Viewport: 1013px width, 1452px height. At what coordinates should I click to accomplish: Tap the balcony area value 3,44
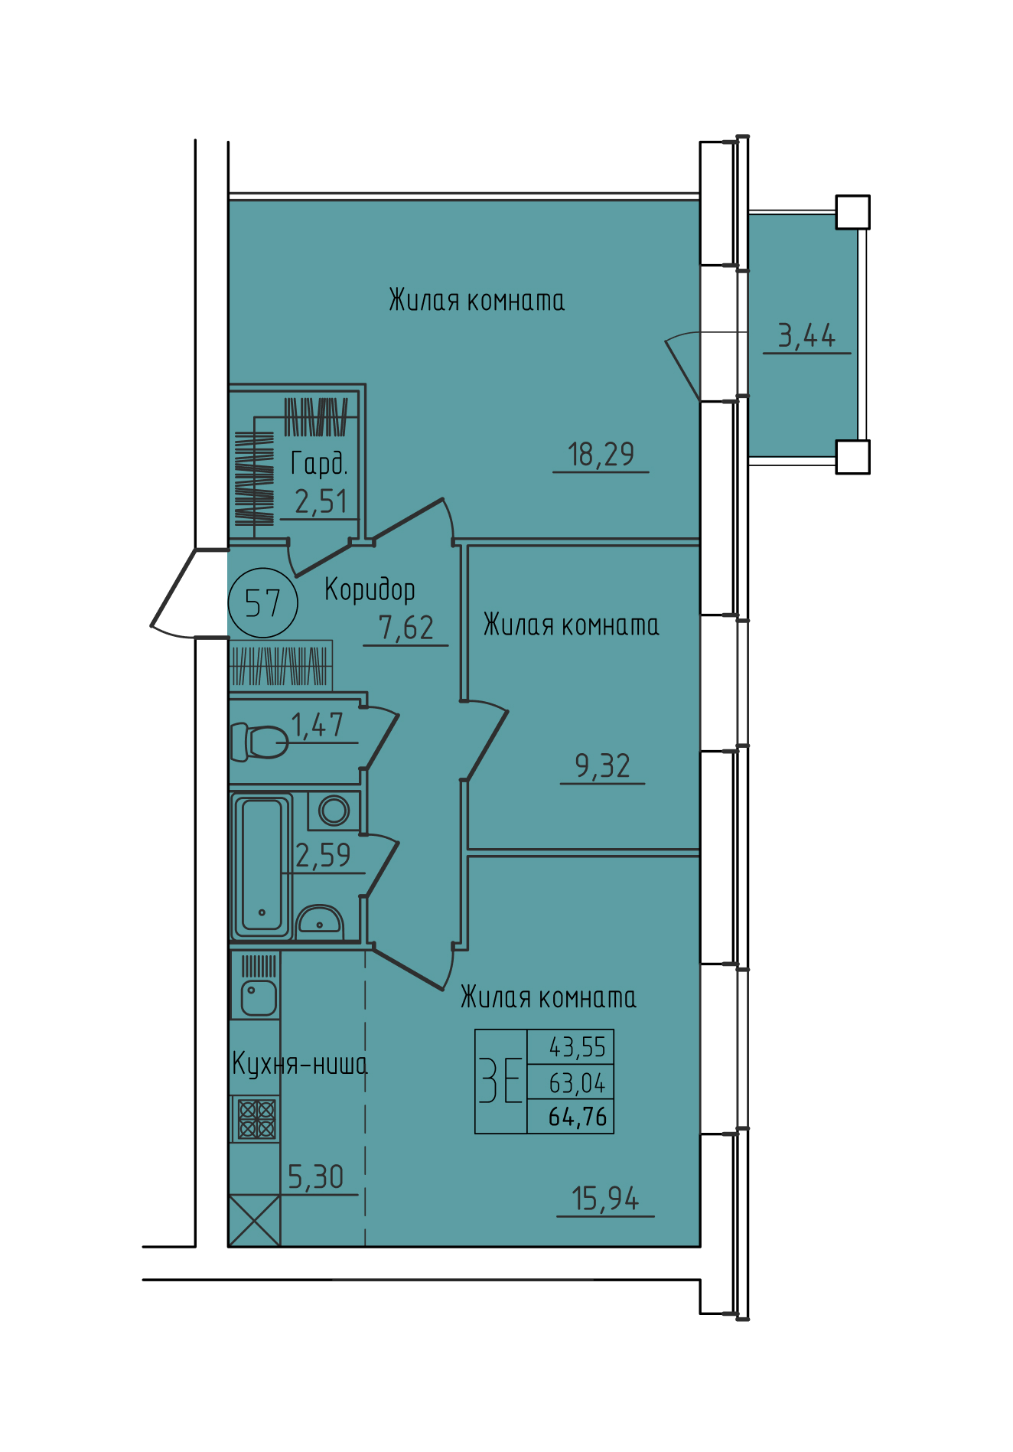[806, 335]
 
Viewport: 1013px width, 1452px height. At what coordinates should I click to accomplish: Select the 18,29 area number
[601, 454]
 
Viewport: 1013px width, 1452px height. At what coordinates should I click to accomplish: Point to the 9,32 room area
[603, 765]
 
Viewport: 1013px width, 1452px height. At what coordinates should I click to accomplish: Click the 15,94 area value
[605, 1199]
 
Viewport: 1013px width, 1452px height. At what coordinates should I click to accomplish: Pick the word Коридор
[370, 590]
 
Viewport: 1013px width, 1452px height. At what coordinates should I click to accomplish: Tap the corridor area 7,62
[406, 628]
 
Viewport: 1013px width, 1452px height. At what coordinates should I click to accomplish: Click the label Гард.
[319, 464]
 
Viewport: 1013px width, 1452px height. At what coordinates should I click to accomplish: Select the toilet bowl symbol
[259, 742]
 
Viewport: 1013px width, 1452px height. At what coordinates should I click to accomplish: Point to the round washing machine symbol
[334, 811]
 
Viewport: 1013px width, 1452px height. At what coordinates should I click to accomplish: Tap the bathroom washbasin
[319, 921]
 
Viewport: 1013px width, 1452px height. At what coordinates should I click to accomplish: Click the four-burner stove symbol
[256, 1119]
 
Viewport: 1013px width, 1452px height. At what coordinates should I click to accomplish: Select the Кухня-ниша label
[300, 1064]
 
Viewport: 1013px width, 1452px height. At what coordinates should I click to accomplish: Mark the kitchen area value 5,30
[315, 1177]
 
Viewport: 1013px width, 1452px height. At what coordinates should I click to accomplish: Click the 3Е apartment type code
[500, 1080]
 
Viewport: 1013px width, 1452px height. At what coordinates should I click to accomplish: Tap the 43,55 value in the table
[578, 1047]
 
